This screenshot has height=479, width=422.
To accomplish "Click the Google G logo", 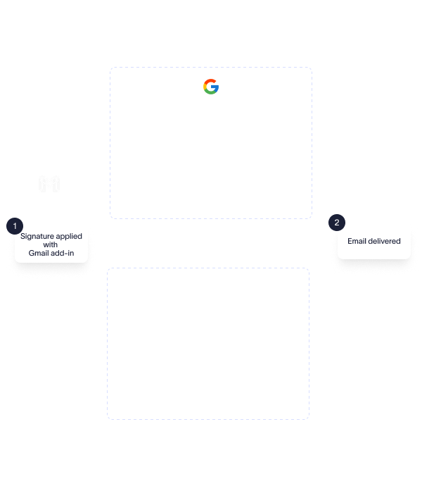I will [x=211, y=87].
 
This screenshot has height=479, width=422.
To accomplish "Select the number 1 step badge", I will [x=14, y=225].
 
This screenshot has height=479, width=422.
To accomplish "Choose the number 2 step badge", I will [x=336, y=223].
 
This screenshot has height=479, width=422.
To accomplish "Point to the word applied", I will [x=68, y=236].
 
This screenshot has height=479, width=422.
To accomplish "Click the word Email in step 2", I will [x=357, y=241].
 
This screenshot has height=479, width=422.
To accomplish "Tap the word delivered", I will [x=385, y=241].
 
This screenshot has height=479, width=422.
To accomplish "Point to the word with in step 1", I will [x=51, y=244].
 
